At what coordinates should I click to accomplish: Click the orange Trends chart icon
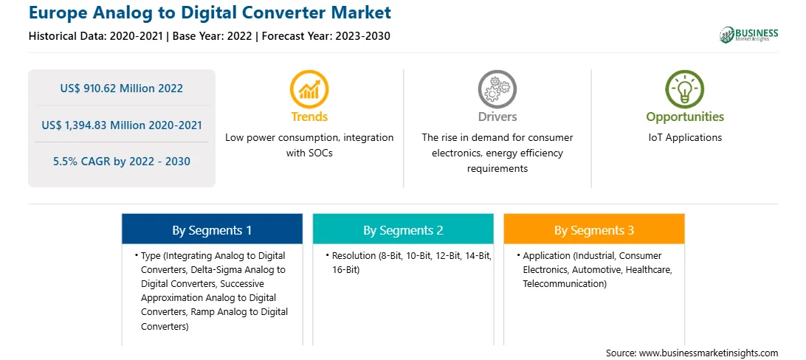coord(309,89)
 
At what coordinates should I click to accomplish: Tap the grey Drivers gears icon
coord(497,89)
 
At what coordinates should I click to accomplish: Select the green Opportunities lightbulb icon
coord(685,89)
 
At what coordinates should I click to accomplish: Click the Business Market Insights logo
coord(749,35)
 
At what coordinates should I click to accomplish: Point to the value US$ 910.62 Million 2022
coord(121,89)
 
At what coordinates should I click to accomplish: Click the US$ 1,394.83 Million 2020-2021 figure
coord(122,125)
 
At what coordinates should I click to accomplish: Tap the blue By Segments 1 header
coord(212,230)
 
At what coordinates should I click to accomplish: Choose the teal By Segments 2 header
coord(403,230)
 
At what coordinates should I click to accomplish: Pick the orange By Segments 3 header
coord(593,230)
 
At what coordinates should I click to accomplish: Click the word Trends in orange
coord(309,117)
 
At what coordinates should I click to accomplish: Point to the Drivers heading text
coord(497,117)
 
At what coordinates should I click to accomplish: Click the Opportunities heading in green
coord(685,117)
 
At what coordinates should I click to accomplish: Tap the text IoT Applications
coord(685,138)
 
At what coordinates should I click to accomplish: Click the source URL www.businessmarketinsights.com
coord(709,353)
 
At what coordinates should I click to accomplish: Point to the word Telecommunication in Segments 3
coord(563,283)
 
